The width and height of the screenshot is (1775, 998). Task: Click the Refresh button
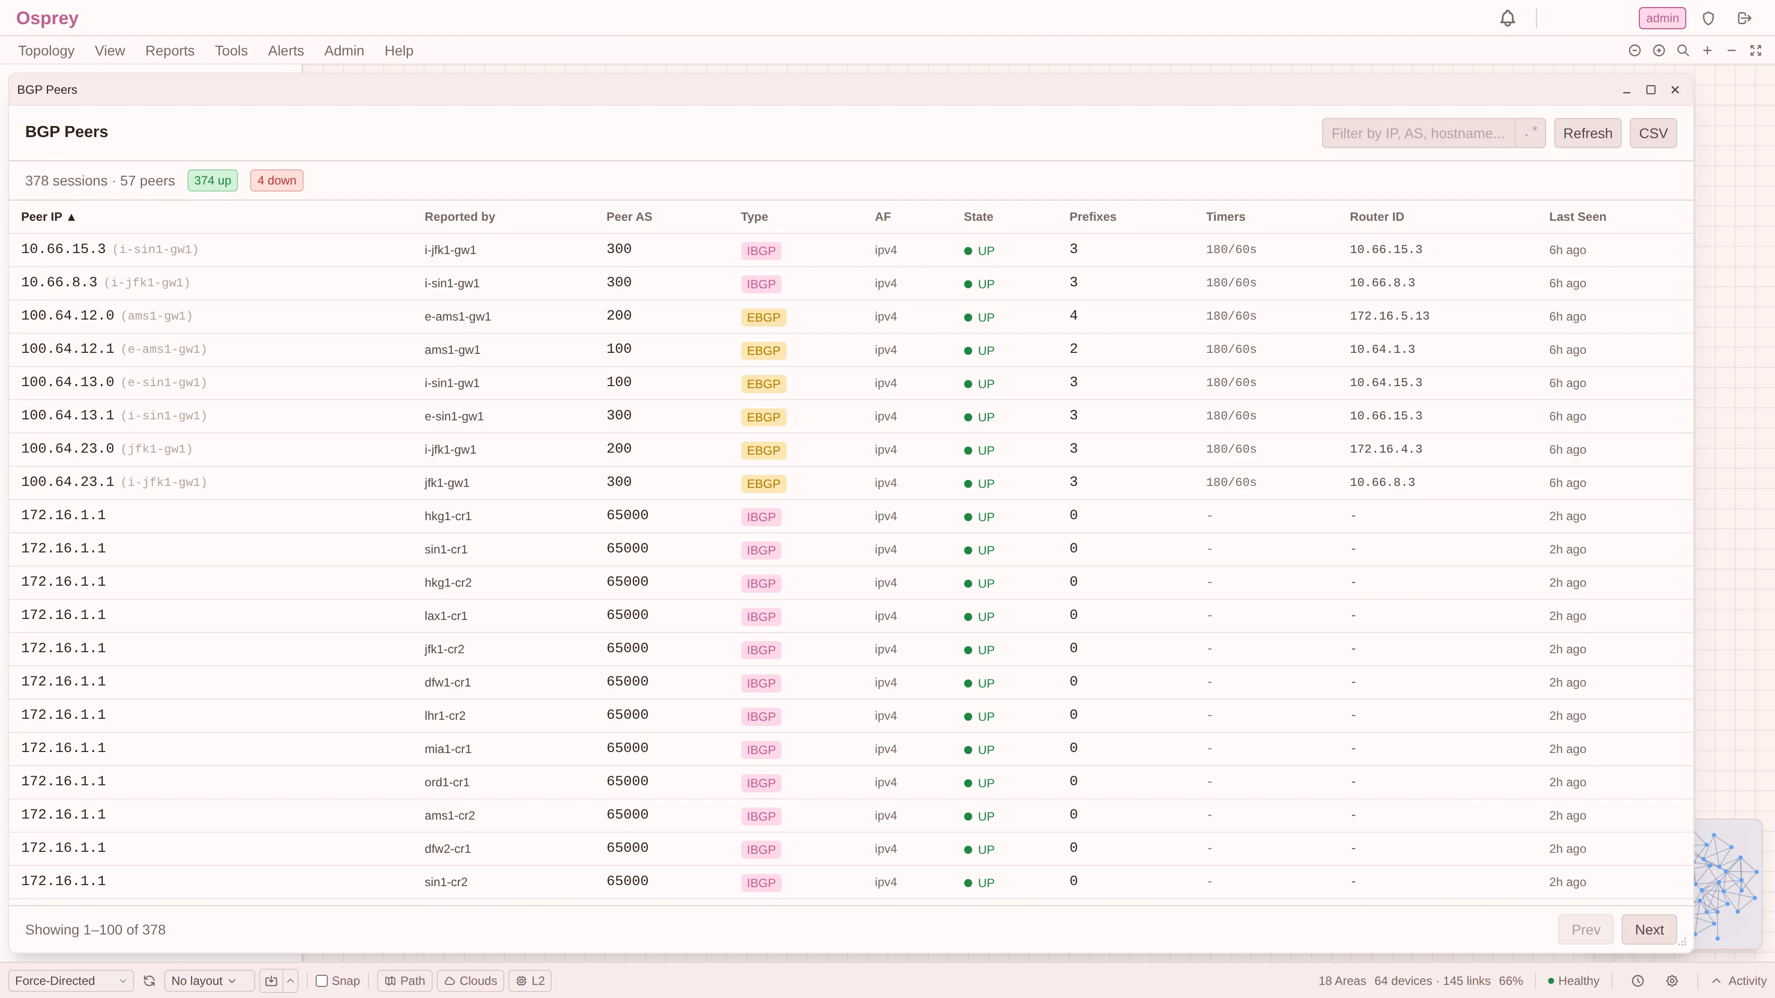[x=1587, y=133]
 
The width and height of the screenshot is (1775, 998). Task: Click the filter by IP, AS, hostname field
[x=1418, y=133]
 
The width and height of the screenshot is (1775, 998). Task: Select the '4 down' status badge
[x=276, y=180]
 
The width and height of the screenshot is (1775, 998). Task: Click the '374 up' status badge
[x=212, y=180]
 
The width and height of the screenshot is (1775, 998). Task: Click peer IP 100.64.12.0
[x=68, y=316]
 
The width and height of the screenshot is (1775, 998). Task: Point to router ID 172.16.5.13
[x=1389, y=316]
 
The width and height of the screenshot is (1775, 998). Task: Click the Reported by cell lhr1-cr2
[x=444, y=716]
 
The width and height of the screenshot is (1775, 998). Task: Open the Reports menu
[x=169, y=51]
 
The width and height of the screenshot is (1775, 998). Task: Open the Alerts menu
[x=286, y=51]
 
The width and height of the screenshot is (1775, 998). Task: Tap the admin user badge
[x=1662, y=19]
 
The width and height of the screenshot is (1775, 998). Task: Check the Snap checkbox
[x=322, y=981]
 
